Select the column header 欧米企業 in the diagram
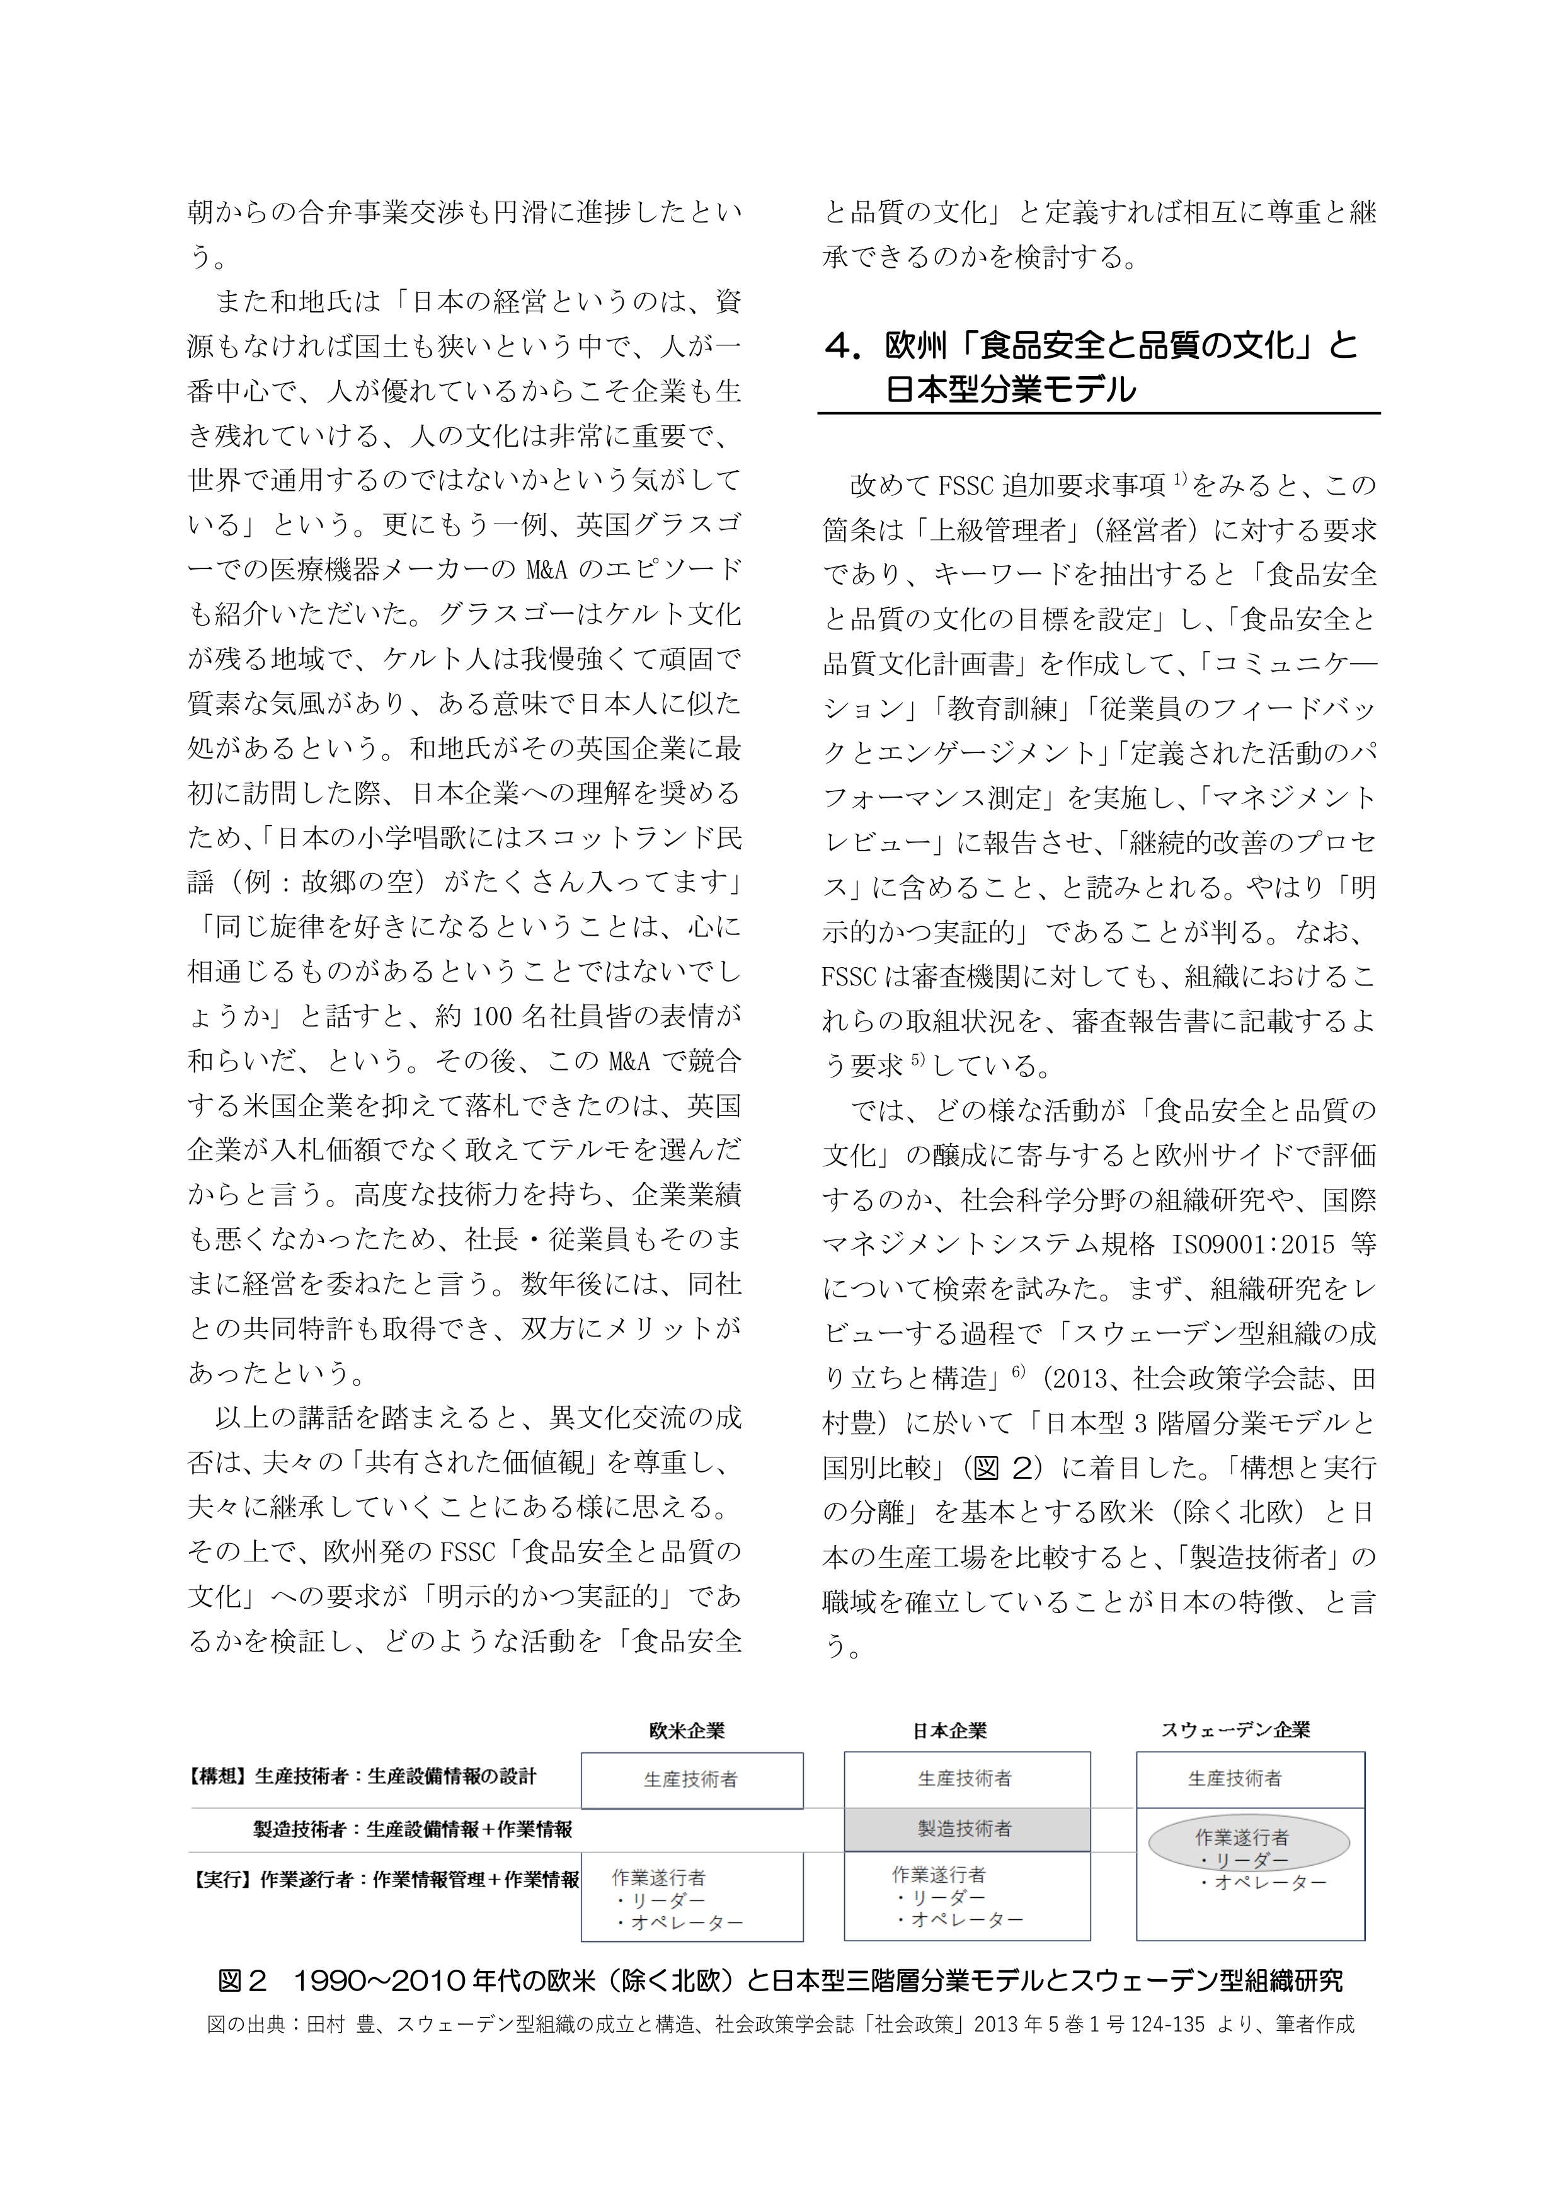click(x=687, y=1730)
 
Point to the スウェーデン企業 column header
click(x=1235, y=1730)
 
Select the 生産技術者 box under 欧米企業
click(x=692, y=1779)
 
